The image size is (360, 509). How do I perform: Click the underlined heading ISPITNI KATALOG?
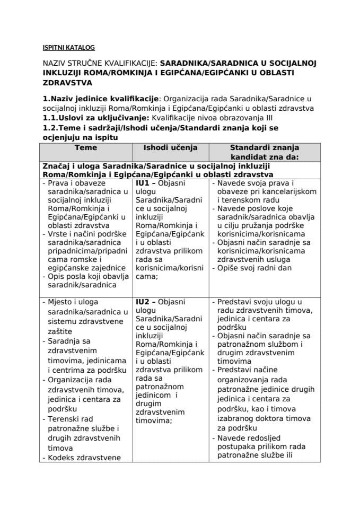tap(68, 47)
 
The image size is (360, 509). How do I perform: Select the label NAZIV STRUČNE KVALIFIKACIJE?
tap(100, 63)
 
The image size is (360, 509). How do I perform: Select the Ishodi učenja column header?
tap(170, 148)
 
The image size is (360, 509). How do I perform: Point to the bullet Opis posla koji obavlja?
tap(89, 276)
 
